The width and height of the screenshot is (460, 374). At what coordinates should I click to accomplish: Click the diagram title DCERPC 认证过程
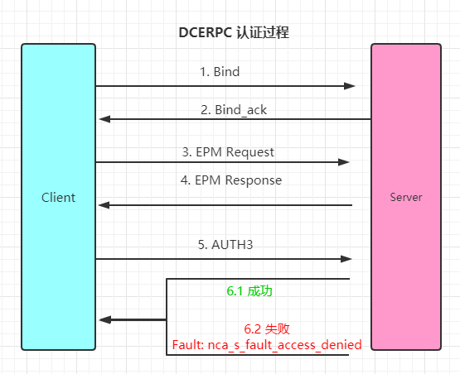coord(234,32)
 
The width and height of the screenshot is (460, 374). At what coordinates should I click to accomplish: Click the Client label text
coord(58,198)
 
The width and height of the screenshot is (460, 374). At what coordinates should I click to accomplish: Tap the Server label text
coord(406,198)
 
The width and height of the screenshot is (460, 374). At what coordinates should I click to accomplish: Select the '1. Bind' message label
coord(220,72)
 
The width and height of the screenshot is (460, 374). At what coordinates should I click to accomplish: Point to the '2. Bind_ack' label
coord(234,110)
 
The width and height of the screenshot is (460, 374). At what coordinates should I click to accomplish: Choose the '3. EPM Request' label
coord(228,152)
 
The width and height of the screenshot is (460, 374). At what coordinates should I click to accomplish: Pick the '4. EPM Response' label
coord(231,180)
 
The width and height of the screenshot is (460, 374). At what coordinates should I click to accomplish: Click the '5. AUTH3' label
coord(225,245)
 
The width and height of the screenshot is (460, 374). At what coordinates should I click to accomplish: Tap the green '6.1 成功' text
coord(249,291)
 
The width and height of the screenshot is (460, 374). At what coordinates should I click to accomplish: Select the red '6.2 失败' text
coord(267,329)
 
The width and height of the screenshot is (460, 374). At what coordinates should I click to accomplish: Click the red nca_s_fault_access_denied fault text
coord(267,345)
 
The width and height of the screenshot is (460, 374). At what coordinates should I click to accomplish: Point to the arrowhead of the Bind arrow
coord(350,86)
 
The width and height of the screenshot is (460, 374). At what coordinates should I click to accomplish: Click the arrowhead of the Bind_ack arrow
coord(104,119)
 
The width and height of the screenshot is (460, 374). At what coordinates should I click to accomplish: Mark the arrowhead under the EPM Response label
coord(104,205)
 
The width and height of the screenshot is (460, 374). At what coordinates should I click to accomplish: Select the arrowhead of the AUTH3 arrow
coord(346,259)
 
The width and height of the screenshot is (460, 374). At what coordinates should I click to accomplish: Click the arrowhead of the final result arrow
coord(105,320)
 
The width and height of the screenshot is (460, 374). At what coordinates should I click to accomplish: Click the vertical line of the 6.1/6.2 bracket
coord(167,317)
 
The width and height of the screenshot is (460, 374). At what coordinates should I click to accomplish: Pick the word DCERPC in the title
coord(206,32)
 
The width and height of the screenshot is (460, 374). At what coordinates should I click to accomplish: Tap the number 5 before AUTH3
coord(201,245)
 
